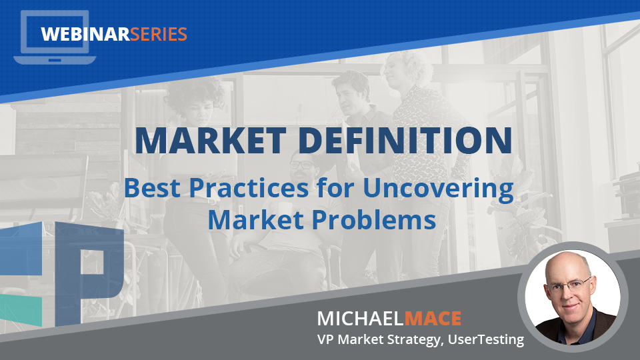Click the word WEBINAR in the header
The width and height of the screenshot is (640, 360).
(85, 34)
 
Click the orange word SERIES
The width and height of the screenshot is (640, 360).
(159, 34)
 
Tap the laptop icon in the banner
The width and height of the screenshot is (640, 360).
(55, 37)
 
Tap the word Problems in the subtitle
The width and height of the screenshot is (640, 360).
(374, 220)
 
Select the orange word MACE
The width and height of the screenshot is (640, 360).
(433, 319)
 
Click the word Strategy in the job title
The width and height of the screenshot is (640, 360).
(414, 340)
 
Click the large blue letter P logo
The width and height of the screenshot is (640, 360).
(89, 273)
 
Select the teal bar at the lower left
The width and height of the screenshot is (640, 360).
(21, 309)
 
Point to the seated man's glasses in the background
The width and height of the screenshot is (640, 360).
(302, 165)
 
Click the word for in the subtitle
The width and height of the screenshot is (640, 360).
(335, 188)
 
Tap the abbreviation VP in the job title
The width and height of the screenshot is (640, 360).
(325, 339)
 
